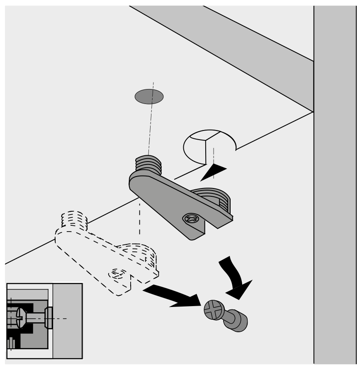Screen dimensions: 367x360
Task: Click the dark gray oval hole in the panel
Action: tap(149, 96)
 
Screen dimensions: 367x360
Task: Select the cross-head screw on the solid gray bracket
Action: tap(192, 219)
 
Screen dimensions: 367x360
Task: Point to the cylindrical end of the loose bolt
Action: tap(237, 322)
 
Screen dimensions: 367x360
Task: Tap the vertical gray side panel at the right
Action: tap(336, 207)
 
